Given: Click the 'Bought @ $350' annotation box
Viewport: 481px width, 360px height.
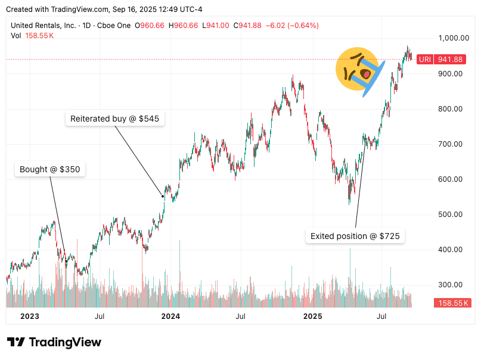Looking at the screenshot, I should click(x=50, y=170).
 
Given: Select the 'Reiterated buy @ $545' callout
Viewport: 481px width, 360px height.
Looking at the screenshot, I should click(x=114, y=119).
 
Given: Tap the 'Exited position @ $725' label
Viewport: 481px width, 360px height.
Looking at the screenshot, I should click(x=355, y=237).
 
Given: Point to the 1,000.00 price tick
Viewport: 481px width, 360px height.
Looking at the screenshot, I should click(x=450, y=38).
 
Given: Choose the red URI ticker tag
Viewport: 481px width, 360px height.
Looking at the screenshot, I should click(x=424, y=59).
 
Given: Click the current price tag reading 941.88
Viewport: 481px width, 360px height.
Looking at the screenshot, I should click(x=450, y=59).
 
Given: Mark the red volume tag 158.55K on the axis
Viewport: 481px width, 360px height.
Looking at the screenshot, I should click(x=454, y=303).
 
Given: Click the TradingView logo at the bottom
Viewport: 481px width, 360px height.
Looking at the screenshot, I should click(x=54, y=342).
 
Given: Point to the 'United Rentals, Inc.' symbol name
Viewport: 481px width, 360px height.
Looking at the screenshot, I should click(x=44, y=26).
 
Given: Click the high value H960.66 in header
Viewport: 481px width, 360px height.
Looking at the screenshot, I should click(x=185, y=26).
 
